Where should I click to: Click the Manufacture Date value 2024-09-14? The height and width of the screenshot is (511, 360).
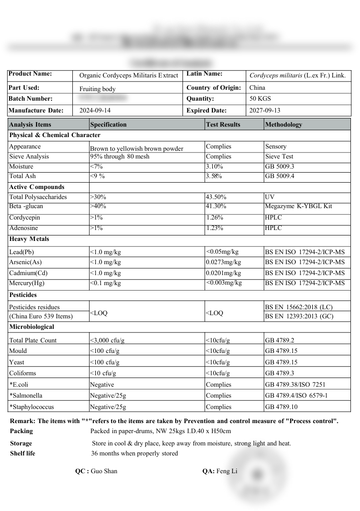pyautogui.click(x=95, y=110)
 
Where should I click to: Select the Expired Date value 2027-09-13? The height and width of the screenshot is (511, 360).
pyautogui.click(x=265, y=110)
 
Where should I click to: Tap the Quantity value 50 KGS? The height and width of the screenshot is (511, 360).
pyautogui.click(x=260, y=98)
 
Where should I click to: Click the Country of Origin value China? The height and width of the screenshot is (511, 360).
pyautogui.click(x=257, y=87)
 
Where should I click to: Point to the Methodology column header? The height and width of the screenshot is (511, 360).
pyautogui.click(x=283, y=124)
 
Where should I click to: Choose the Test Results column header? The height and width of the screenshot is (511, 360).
pyautogui.click(x=223, y=124)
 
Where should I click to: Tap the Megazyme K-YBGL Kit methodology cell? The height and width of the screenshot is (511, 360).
pyautogui.click(x=299, y=206)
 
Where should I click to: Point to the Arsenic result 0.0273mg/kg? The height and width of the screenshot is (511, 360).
pyautogui.click(x=223, y=262)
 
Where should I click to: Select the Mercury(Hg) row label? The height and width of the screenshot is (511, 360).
pyautogui.click(x=27, y=283)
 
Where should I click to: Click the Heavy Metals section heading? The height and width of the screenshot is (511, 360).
pyautogui.click(x=29, y=239)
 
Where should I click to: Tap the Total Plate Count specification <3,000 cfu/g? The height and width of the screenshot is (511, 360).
pyautogui.click(x=107, y=340)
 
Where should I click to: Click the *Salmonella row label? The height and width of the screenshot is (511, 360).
pyautogui.click(x=26, y=396)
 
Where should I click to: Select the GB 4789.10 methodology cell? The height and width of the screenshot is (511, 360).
pyautogui.click(x=281, y=407)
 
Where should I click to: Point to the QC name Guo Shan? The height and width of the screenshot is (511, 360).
pyautogui.click(x=104, y=471)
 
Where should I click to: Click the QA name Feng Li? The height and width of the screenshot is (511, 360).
pyautogui.click(x=227, y=471)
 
